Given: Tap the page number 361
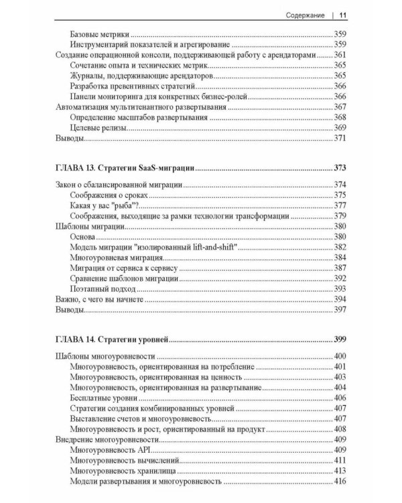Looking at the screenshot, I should click(340, 56).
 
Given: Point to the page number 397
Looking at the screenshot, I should click(340, 311).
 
